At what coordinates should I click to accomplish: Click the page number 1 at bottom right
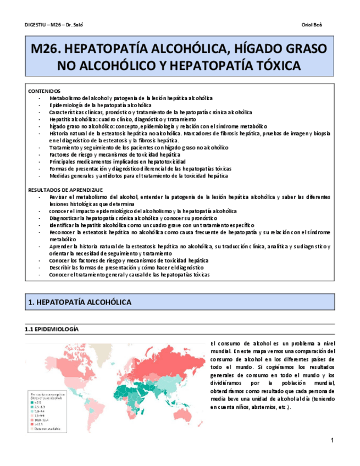[333, 441]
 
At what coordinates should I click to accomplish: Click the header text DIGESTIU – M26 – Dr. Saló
[54, 25]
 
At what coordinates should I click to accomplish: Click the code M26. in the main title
[47, 49]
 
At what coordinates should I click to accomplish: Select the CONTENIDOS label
[44, 91]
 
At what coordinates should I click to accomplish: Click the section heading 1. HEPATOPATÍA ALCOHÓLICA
[80, 303]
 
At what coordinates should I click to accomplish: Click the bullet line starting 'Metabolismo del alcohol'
[131, 98]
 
